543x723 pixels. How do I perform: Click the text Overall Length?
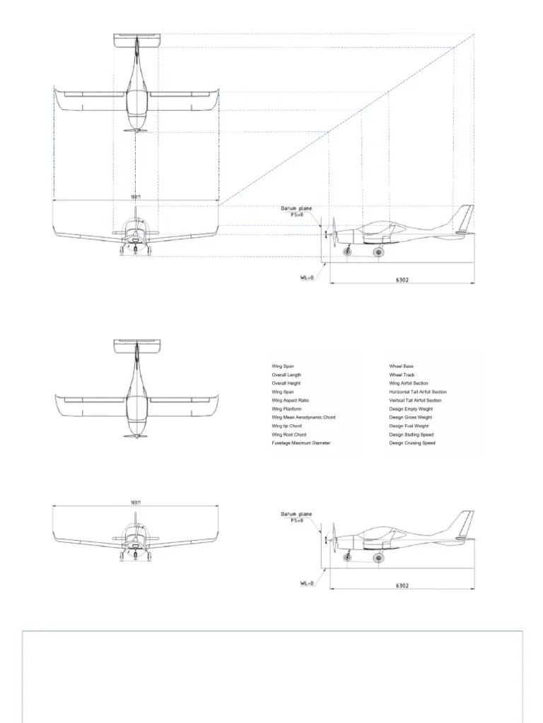pos(286,375)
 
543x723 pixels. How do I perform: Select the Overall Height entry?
pos(286,383)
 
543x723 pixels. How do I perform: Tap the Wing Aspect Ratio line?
pos(290,400)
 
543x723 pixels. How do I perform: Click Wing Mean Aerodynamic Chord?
pos(303,417)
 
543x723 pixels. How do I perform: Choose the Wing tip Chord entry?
pos(286,426)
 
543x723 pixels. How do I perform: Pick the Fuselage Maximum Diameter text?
pos(300,443)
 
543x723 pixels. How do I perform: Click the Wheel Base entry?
pos(401,366)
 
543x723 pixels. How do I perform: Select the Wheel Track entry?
pos(402,375)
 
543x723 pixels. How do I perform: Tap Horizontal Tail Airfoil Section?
pos(417,392)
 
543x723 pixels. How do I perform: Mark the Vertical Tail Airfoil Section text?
pos(415,400)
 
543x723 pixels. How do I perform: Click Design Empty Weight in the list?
pos(411,409)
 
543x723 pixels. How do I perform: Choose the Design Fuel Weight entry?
pos(409,426)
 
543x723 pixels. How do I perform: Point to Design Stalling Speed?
pos(411,434)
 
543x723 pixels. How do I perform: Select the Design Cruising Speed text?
pos(412,443)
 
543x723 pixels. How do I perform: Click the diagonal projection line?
pos(339,120)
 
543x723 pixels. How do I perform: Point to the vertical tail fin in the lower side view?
pos(464,524)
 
